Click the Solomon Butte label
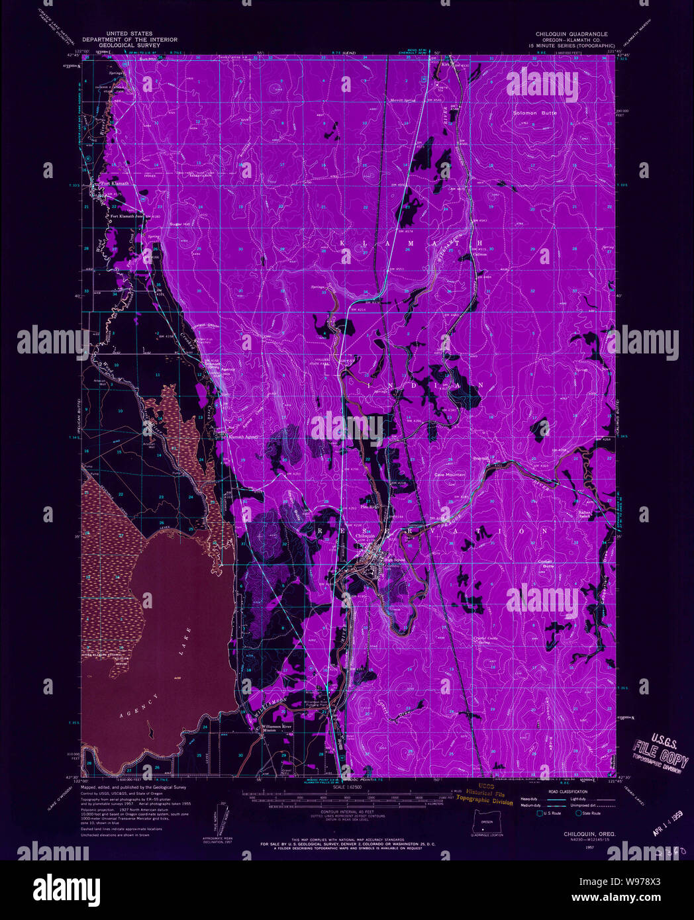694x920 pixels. tap(534, 113)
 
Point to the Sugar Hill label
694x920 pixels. tap(179, 224)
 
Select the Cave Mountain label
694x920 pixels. tap(450, 475)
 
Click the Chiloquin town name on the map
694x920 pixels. tap(365, 535)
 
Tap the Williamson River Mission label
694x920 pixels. tap(277, 727)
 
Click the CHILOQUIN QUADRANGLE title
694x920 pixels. tap(571, 34)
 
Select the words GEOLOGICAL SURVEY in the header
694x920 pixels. tap(130, 46)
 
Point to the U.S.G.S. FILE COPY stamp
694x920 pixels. tap(659, 750)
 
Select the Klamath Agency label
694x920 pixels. tap(242, 437)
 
